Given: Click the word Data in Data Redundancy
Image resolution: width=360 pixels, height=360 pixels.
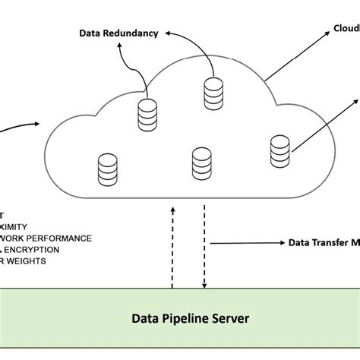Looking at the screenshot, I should (90, 33).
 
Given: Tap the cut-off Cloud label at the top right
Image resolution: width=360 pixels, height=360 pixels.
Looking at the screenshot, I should (346, 29).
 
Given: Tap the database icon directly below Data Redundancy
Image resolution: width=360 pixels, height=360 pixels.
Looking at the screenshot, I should (147, 116).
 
